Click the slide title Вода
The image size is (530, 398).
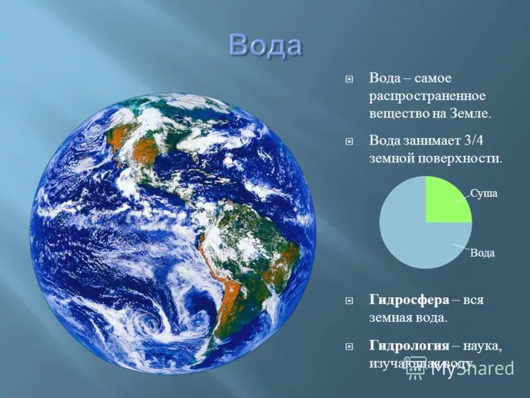point(266,46)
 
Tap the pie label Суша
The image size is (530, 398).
point(484,193)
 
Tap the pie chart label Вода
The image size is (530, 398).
point(482,253)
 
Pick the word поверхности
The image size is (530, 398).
point(464,159)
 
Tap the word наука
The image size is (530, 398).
point(482,346)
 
